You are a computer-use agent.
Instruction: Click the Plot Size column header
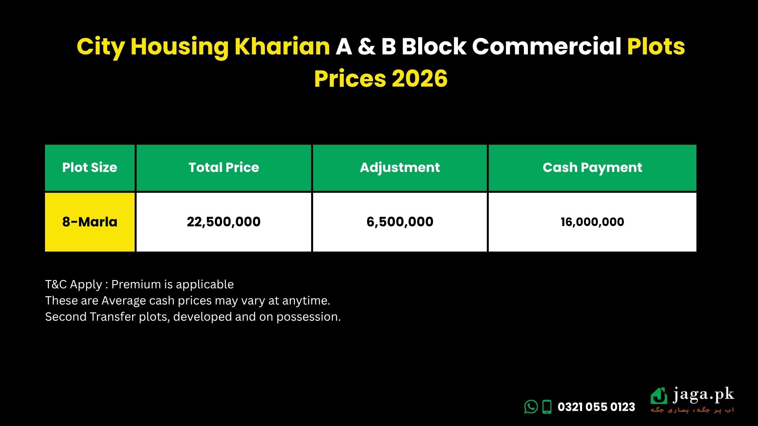click(x=90, y=168)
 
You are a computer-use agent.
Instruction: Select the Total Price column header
click(x=223, y=168)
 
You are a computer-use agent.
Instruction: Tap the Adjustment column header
click(x=400, y=168)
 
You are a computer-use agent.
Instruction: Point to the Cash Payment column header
click(x=592, y=168)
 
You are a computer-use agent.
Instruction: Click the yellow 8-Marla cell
click(x=90, y=222)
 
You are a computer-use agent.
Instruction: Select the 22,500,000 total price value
click(x=223, y=222)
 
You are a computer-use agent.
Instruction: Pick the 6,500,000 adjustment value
click(x=400, y=222)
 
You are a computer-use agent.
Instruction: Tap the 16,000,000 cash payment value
click(x=592, y=222)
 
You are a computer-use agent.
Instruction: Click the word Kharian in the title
click(x=282, y=47)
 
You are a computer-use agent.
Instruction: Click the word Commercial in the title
click(x=547, y=47)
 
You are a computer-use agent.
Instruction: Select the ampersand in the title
click(x=366, y=47)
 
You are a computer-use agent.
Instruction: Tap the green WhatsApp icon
click(x=531, y=407)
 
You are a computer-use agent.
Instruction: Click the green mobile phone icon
click(x=547, y=407)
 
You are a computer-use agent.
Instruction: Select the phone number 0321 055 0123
click(x=596, y=407)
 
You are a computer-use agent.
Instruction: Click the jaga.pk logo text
click(x=703, y=395)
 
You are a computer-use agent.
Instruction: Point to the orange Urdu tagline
click(x=692, y=410)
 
